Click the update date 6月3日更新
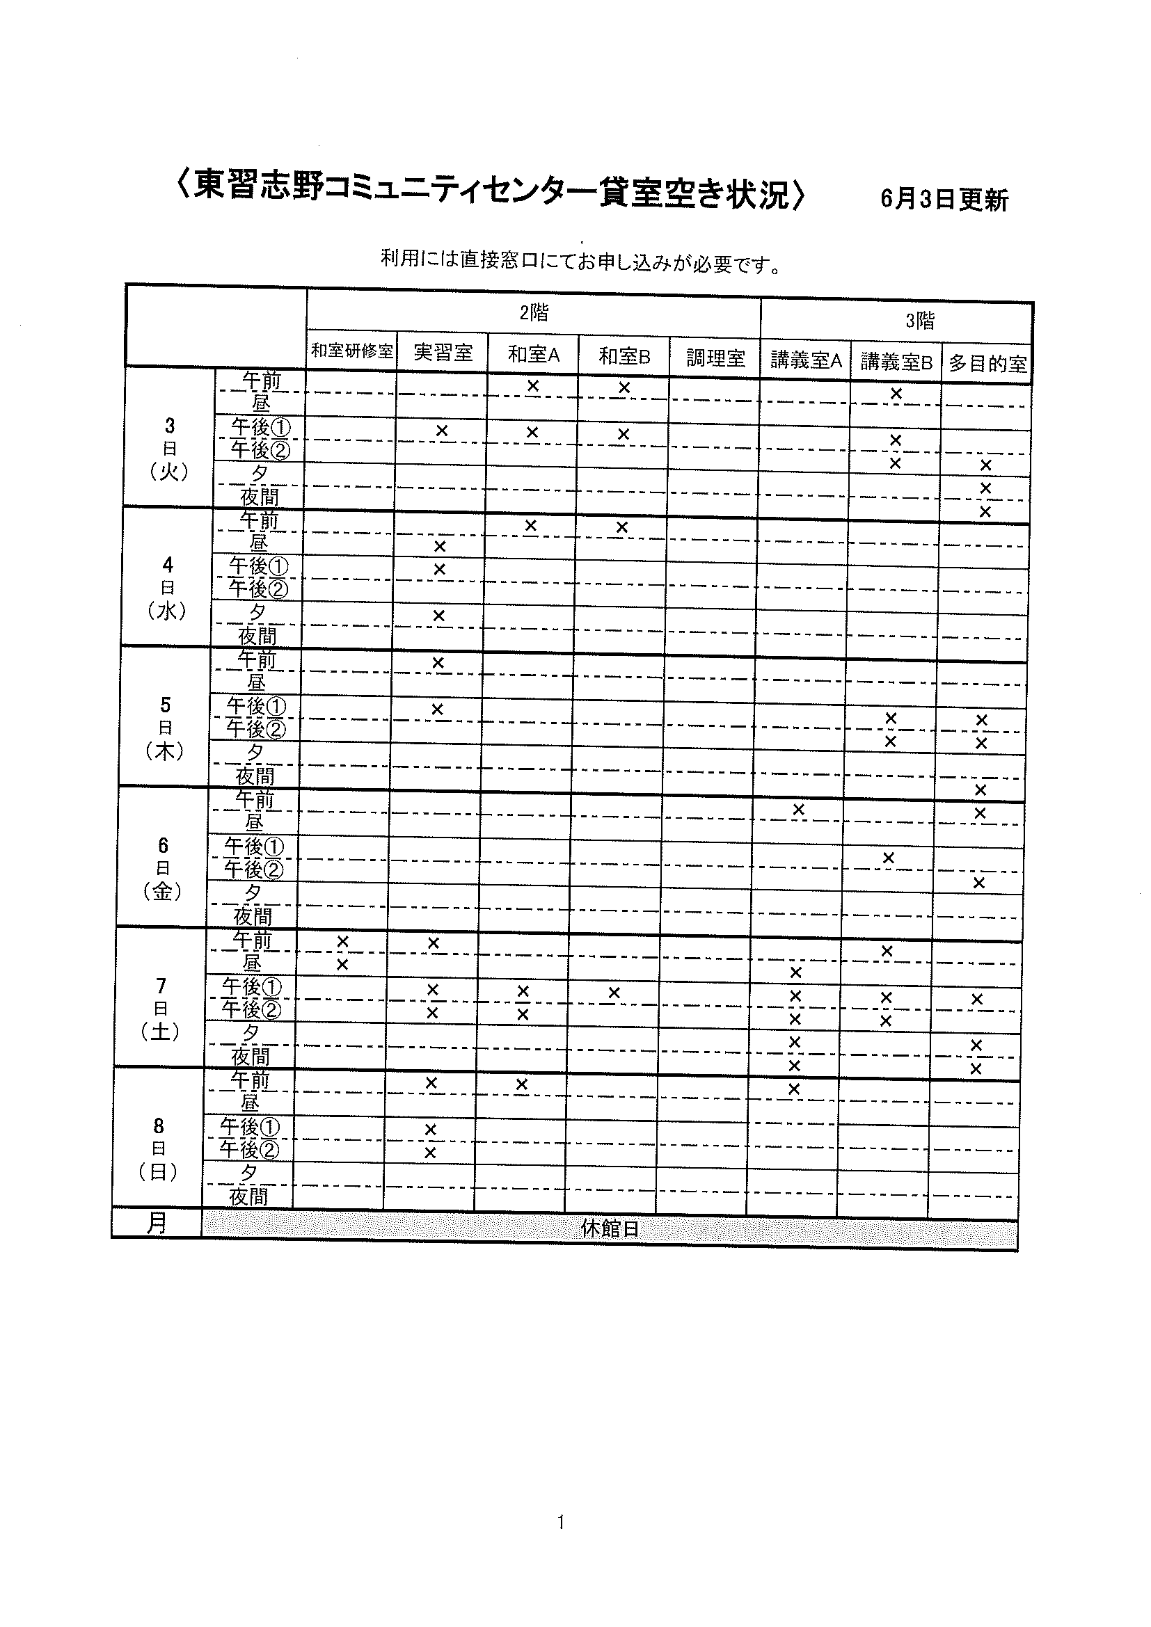pyautogui.click(x=944, y=200)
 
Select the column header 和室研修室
pyautogui.click(x=352, y=351)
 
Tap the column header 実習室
pyautogui.click(x=443, y=352)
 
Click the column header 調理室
pyautogui.click(x=716, y=358)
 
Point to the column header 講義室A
pyautogui.click(x=806, y=361)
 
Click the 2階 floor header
pyautogui.click(x=534, y=312)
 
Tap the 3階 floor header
pyautogui.click(x=919, y=321)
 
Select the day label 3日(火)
pyautogui.click(x=169, y=449)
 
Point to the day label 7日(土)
pyautogui.click(x=161, y=1009)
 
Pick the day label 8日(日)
pyautogui.click(x=159, y=1148)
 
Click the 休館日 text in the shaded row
pyautogui.click(x=610, y=1228)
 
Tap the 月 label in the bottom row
pyautogui.click(x=157, y=1222)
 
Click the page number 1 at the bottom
pyautogui.click(x=561, y=1521)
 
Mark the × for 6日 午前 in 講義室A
pyautogui.click(x=798, y=809)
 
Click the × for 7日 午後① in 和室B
pyautogui.click(x=614, y=993)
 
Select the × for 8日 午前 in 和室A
pyautogui.click(x=522, y=1084)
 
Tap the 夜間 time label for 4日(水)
pyautogui.click(x=257, y=635)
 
